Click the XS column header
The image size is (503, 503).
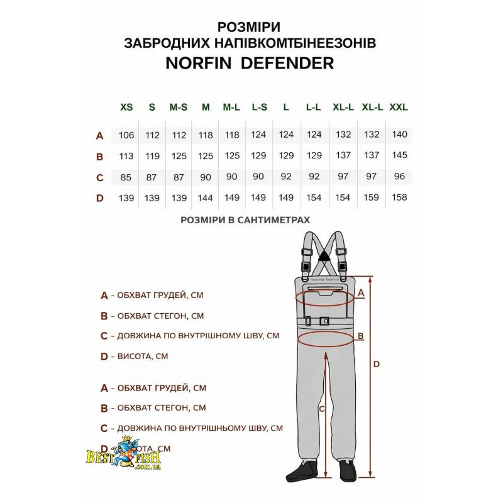126,108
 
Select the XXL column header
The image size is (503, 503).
399,108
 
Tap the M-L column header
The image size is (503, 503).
231,108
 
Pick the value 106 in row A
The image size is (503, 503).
126,135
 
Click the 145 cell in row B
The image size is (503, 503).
399,155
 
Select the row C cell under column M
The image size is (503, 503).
206,177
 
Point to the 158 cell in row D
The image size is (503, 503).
399,198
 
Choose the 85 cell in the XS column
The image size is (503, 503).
126,177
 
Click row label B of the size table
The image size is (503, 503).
99,156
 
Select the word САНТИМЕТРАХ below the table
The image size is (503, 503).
274,220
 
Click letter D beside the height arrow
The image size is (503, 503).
377,364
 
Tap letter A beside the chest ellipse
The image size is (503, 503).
361,292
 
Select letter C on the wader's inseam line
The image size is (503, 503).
322,409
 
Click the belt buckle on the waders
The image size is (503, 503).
324,321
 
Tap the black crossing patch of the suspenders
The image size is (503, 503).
323,255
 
